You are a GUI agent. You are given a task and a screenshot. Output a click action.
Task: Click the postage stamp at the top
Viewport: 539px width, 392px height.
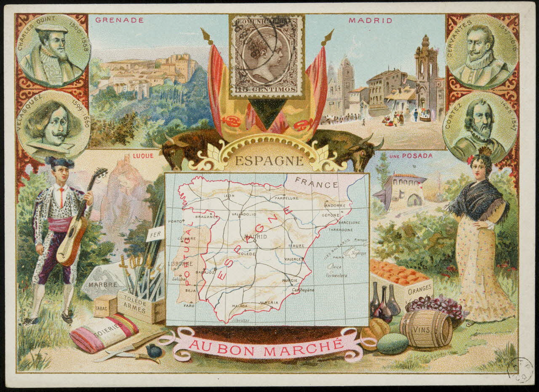coord(267,56)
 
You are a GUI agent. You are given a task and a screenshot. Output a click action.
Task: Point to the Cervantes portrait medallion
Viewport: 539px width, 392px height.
coord(482,51)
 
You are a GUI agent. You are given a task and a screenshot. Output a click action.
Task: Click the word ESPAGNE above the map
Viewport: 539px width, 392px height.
coord(269,161)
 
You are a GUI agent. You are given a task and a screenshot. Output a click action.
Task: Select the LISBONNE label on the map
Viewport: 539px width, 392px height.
coord(180,264)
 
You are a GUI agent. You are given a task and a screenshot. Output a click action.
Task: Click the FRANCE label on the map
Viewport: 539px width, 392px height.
coord(316,184)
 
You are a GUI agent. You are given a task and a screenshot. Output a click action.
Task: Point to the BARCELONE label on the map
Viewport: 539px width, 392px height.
coord(349,222)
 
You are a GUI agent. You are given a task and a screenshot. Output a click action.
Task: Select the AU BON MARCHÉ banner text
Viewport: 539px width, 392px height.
coord(265,344)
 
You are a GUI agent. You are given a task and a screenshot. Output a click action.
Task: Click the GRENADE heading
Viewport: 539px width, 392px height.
coord(119,20)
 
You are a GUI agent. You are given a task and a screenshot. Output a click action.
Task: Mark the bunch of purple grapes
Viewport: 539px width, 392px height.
coord(436,305)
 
